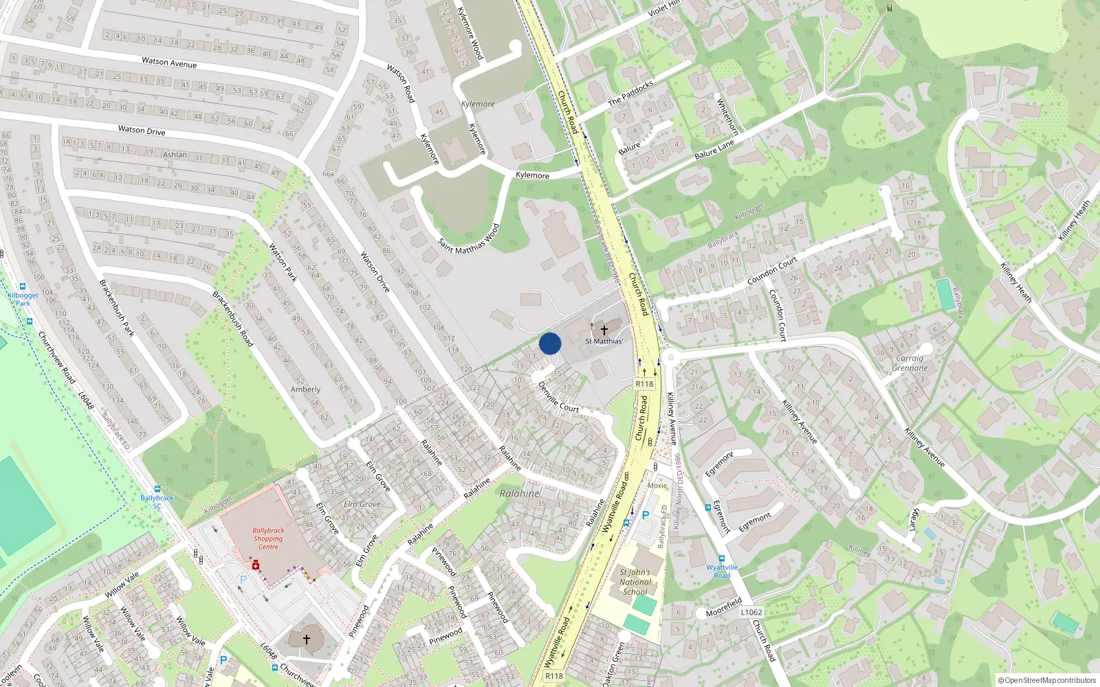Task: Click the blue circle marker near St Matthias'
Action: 550,343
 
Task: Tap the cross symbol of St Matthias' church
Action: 604,330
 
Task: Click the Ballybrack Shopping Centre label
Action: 268,539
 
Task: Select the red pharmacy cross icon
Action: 256,565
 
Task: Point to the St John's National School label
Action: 635,582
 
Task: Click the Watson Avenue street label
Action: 169,63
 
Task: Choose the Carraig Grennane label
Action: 910,363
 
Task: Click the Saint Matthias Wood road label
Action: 469,238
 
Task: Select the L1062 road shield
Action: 751,612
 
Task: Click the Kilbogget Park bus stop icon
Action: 23,286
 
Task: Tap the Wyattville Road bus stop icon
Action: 722,559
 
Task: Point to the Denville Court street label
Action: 558,398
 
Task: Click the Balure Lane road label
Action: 714,149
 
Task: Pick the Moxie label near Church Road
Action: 657,485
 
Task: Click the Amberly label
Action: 305,389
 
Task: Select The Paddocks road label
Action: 630,93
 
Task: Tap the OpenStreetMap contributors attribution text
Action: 1047,680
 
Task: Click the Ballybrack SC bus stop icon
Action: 157,489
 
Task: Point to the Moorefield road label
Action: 724,608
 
